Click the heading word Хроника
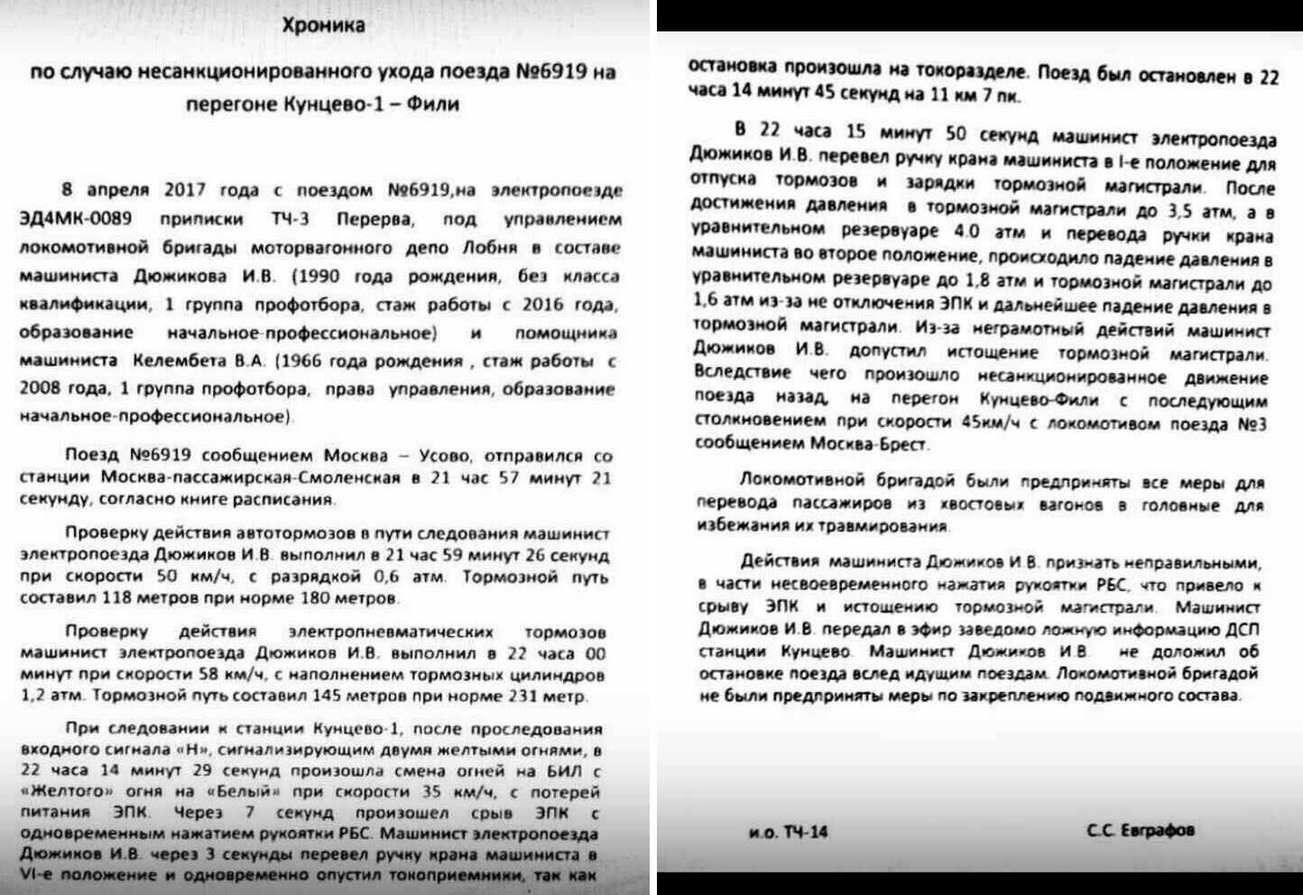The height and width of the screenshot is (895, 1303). click(323, 25)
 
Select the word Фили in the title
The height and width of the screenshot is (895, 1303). click(433, 104)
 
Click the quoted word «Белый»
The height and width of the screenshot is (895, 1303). click(243, 792)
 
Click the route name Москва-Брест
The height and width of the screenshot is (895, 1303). click(869, 444)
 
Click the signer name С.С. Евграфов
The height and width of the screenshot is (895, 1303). click(1141, 829)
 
